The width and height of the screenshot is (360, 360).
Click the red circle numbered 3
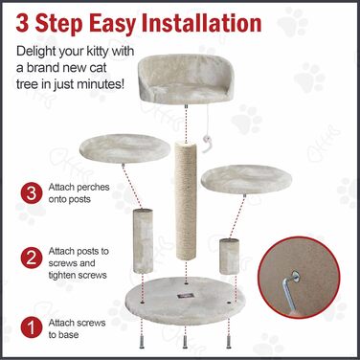(32, 193)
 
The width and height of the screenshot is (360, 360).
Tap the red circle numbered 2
(32, 258)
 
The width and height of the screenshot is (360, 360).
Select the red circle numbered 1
(32, 328)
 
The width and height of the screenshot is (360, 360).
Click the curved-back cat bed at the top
(186, 79)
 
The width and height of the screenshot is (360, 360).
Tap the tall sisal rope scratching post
(186, 200)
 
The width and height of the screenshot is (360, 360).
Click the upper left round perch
(124, 148)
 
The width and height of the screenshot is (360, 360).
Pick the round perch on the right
(246, 179)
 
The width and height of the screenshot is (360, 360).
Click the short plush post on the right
(229, 257)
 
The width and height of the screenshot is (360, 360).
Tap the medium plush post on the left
(143, 240)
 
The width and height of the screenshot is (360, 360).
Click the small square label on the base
(186, 296)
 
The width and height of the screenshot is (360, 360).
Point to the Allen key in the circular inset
(289, 291)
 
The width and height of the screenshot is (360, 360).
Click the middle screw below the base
(185, 342)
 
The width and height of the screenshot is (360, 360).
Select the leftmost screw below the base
(142, 342)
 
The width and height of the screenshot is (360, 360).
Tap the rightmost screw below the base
(229, 342)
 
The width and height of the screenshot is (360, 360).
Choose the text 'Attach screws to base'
(77, 328)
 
